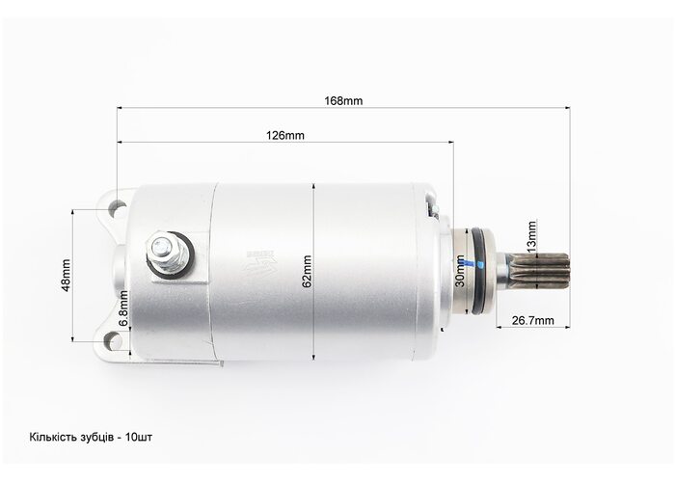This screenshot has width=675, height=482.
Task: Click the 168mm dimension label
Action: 343,100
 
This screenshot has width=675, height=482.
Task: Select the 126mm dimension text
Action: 285,136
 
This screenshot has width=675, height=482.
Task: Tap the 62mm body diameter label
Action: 307,272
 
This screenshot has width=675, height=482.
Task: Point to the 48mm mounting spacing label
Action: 66,276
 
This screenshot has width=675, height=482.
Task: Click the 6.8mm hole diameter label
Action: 123,309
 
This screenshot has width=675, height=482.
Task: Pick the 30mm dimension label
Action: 459,271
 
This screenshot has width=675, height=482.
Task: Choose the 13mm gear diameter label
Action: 532,237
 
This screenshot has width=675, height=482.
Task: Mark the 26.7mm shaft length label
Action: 532,320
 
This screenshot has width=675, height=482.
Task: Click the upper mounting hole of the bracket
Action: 117,210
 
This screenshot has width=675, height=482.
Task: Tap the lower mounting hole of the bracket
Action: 114,342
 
